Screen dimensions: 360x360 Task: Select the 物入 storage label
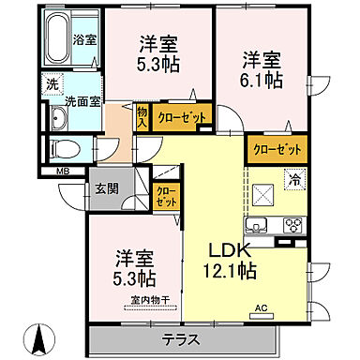pyautogui.click(x=142, y=117)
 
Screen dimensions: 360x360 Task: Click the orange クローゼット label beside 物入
pyautogui.click(x=176, y=117)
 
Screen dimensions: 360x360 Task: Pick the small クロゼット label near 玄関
pyautogui.click(x=165, y=198)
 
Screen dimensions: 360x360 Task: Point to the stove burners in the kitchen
pyautogui.click(x=292, y=225)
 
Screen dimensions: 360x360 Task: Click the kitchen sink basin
pyautogui.click(x=258, y=225)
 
